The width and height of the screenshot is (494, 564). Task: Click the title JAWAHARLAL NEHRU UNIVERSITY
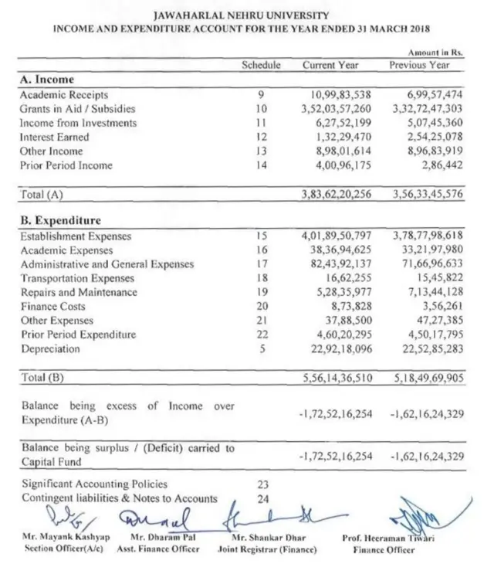point(242,15)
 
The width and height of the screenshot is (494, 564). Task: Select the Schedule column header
point(261,65)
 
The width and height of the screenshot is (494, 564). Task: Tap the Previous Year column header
point(419,65)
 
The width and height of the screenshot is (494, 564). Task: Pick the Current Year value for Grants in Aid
point(337,109)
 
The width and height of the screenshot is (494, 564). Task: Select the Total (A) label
point(42,195)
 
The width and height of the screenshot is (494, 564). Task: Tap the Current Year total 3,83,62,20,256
point(337,195)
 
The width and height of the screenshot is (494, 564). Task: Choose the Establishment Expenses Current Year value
point(337,236)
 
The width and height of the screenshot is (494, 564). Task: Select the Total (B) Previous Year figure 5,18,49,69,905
point(427,378)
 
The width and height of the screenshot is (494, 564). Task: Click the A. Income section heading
point(47,80)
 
